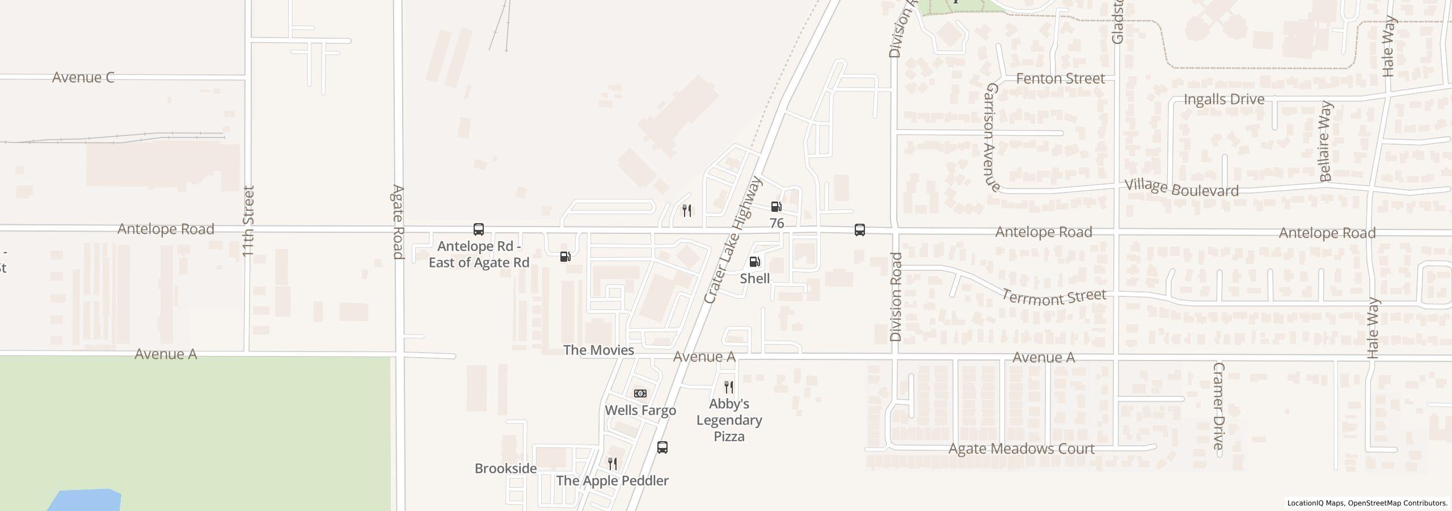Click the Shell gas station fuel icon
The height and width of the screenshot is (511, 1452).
pyautogui.click(x=754, y=262)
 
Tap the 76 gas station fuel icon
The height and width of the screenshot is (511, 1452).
pyautogui.click(x=776, y=207)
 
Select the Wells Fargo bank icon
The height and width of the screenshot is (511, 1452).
pyautogui.click(x=640, y=393)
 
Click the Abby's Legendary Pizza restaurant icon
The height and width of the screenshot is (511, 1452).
pyautogui.click(x=729, y=387)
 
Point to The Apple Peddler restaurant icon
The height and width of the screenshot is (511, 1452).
pyautogui.click(x=613, y=464)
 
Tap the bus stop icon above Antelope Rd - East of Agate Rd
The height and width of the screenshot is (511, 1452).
pyautogui.click(x=479, y=229)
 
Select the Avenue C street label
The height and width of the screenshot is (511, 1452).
pyautogui.click(x=83, y=77)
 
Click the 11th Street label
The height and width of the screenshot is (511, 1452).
pyautogui.click(x=248, y=221)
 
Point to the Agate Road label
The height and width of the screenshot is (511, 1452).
pyautogui.click(x=398, y=221)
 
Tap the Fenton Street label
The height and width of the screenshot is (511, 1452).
pyautogui.click(x=1060, y=78)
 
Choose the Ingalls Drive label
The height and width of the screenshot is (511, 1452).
pyautogui.click(x=1224, y=99)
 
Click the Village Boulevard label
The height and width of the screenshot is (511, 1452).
pyautogui.click(x=1181, y=189)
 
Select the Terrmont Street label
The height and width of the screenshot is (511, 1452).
pyautogui.click(x=1054, y=297)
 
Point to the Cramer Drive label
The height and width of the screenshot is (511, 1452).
pyautogui.click(x=1218, y=406)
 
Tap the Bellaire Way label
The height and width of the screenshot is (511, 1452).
pyautogui.click(x=1325, y=141)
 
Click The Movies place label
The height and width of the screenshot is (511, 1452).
pyautogui.click(x=598, y=350)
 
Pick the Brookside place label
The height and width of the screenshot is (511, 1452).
pyautogui.click(x=505, y=468)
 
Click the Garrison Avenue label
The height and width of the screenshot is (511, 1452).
pyautogui.click(x=991, y=137)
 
